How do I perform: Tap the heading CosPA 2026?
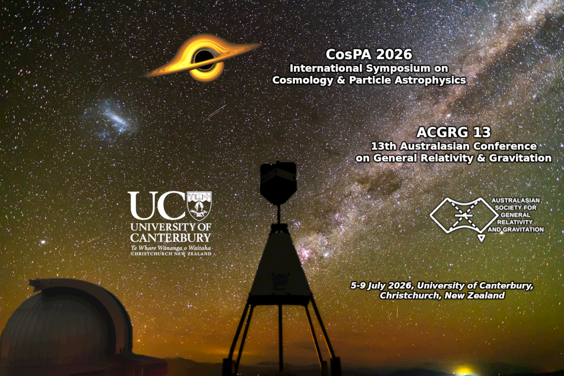tap(369, 54)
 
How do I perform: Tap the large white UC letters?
tap(156, 206)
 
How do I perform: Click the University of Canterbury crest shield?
tap(199, 205)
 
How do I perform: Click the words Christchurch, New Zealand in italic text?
tap(442, 295)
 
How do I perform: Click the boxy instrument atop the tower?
tap(278, 182)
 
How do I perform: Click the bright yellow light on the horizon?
tap(463, 371)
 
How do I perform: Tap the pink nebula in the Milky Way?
tap(307, 254)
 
